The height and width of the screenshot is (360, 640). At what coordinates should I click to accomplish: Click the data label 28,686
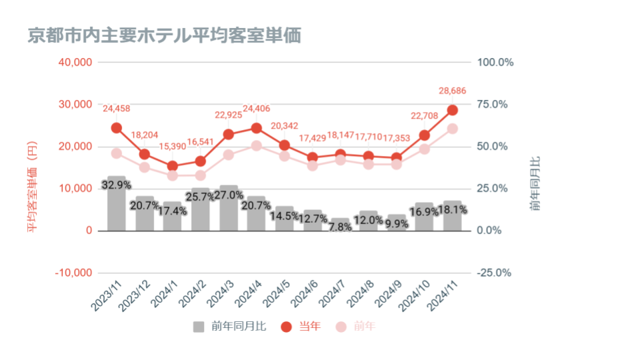point(452,90)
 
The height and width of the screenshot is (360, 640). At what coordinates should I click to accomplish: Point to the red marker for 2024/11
point(452,110)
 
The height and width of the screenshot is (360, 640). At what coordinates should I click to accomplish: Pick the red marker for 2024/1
point(173,166)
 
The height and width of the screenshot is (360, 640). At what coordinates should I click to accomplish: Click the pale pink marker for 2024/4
point(257,145)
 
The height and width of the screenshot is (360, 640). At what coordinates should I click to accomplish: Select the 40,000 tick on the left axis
point(74,62)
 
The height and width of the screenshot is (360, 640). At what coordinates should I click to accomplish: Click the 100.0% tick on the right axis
point(495,62)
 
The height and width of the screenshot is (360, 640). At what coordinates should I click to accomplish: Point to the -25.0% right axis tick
point(495,273)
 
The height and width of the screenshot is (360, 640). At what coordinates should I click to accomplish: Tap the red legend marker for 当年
point(287,327)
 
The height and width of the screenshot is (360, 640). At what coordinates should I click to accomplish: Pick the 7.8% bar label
point(341,227)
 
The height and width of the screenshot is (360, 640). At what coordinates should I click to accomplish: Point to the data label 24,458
point(117,108)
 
